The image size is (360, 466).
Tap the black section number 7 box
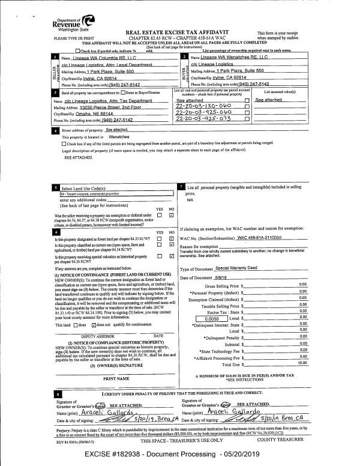[181, 187]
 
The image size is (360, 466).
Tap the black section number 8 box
[56, 393]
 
